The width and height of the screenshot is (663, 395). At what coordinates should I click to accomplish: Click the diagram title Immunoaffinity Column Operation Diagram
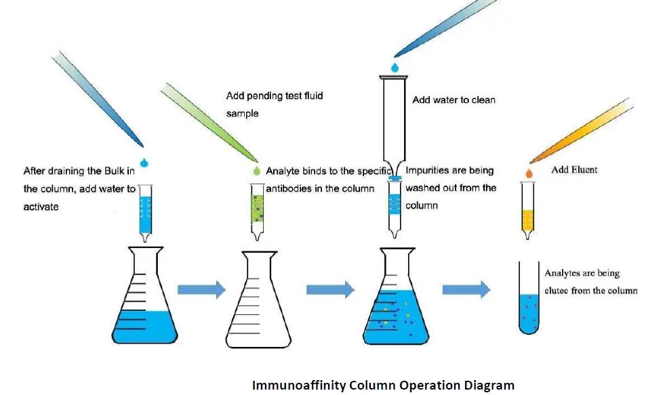pos(383,386)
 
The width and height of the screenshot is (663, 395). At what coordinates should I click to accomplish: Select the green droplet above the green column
pos(256,171)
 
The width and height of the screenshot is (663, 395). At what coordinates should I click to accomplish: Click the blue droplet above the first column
pos(144,162)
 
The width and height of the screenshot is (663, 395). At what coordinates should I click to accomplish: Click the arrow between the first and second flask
pos(201,290)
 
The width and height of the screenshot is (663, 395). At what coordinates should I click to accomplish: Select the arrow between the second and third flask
pos(330,290)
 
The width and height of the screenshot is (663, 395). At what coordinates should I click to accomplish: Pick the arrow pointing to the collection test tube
pos(466,290)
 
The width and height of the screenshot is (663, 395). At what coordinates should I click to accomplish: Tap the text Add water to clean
pos(454,100)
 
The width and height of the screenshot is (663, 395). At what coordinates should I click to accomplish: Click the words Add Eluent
pos(574,169)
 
